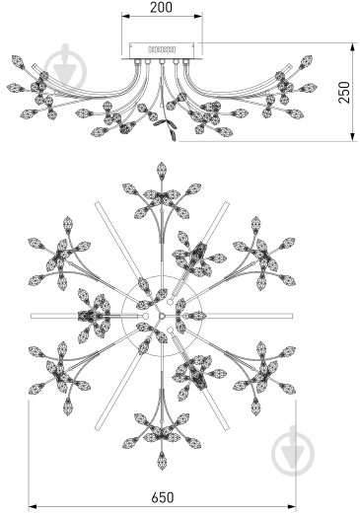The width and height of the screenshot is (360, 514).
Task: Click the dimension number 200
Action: pyautogui.click(x=161, y=7)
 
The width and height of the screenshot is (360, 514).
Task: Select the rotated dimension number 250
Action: pyautogui.click(x=344, y=93)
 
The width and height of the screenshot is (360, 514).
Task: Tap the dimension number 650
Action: pyautogui.click(x=163, y=497)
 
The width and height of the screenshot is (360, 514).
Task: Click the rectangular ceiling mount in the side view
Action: pyautogui.click(x=161, y=50)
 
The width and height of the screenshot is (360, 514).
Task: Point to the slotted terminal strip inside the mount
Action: pyautogui.click(x=162, y=49)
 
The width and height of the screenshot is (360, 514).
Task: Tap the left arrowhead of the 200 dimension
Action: pyautogui.click(x=126, y=16)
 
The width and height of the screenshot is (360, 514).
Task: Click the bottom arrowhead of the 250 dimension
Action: pyautogui.click(x=353, y=137)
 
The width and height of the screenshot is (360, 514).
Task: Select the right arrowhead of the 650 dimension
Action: pyautogui.click(x=291, y=507)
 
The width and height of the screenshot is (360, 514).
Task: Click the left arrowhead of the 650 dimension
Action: pyautogui.click(x=33, y=507)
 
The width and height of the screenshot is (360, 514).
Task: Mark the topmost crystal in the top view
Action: pyautogui.click(x=161, y=171)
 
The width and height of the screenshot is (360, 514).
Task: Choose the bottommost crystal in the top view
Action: pyautogui.click(x=162, y=461)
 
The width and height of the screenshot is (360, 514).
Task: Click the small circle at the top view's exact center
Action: pyautogui.click(x=162, y=316)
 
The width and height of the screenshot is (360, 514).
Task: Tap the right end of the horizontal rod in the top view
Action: pyautogui.click(x=292, y=316)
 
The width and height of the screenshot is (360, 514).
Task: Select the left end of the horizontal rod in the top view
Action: pyautogui.click(x=32, y=316)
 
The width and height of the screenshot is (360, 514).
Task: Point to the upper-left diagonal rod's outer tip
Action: pyautogui.click(x=97, y=203)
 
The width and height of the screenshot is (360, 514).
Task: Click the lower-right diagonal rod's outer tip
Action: pyautogui.click(x=227, y=428)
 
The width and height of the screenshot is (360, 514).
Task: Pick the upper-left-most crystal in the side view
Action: pyautogui.click(x=18, y=61)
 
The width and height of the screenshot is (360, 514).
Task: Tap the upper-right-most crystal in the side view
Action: pyautogui.click(x=306, y=61)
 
